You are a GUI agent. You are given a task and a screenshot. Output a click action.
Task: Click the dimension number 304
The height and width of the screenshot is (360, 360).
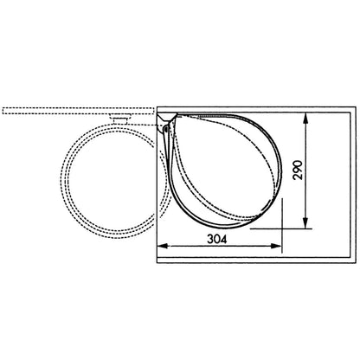[x=217, y=239]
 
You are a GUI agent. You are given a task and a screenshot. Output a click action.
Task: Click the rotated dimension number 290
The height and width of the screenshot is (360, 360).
[x=298, y=170]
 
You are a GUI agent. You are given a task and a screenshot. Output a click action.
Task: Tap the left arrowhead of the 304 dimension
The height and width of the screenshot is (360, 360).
[x=163, y=246]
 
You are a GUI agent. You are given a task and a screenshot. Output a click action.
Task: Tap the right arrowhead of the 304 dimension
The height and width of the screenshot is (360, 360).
[x=276, y=246]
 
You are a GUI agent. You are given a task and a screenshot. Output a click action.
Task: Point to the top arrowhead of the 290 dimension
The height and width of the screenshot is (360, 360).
[x=305, y=119]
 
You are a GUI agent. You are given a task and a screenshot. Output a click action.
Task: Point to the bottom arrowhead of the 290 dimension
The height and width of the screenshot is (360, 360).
[x=305, y=223]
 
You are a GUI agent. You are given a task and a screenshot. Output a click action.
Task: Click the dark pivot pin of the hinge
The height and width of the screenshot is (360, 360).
[x=165, y=129]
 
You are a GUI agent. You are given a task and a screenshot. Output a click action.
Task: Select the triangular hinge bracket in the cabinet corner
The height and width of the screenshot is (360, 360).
[x=166, y=119]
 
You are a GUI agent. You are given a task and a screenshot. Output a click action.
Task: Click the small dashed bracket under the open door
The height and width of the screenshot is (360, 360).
[x=120, y=119]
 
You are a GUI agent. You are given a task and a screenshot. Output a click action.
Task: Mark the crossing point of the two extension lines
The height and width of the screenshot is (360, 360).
[x=282, y=228]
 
